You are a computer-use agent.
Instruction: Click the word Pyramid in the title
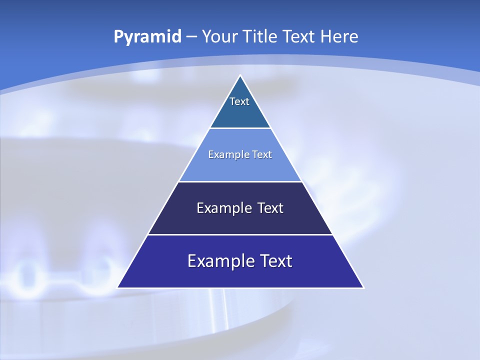point(147,37)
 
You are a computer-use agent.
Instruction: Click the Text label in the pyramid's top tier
point(239,101)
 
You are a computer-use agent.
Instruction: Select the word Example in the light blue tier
point(227,154)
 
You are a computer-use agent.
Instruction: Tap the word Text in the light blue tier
point(262,154)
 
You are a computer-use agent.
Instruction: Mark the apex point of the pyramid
point(240,75)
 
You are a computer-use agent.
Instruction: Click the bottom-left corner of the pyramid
point(117,288)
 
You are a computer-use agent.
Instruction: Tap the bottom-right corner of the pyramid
point(363,288)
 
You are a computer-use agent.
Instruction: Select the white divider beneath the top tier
point(240,128)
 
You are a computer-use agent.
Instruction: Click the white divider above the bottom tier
point(240,234)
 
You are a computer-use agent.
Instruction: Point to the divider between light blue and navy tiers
point(240,181)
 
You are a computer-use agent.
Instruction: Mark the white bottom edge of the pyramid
point(240,288)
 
